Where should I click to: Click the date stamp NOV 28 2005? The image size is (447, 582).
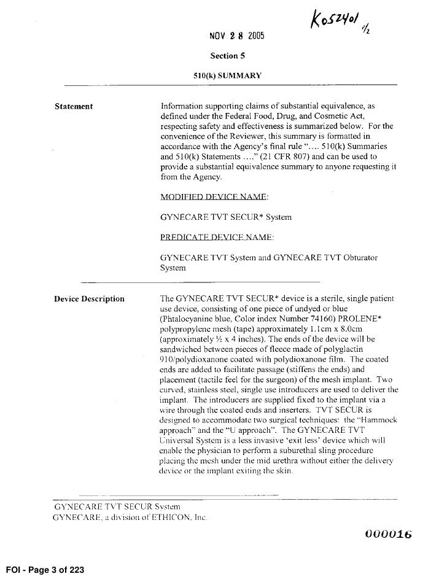pos(237,34)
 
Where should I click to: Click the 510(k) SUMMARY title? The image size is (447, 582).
pos(227,76)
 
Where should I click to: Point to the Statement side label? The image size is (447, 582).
pos(74,106)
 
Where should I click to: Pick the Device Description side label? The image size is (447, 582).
pos(89,299)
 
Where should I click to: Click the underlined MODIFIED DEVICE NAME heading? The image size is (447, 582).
pos(213,197)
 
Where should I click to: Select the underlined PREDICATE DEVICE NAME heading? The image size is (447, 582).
pos(216,237)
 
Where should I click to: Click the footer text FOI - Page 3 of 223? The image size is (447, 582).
pos(43,570)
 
